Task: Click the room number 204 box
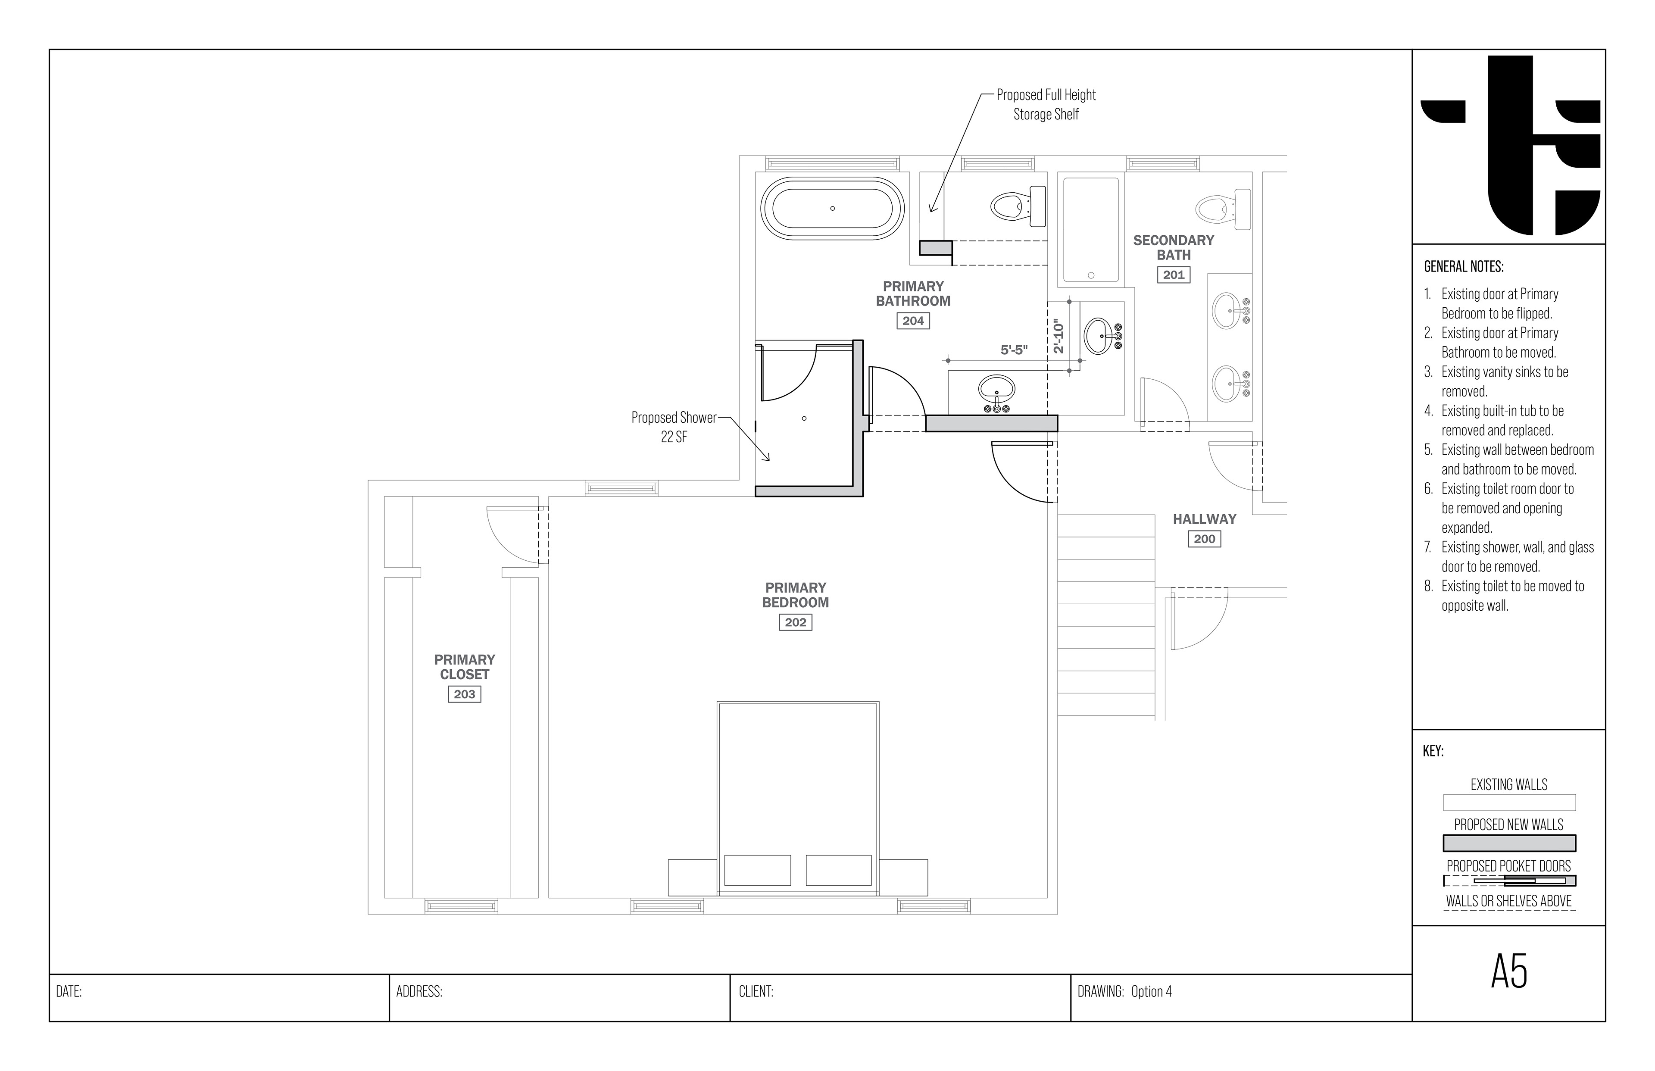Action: tap(913, 321)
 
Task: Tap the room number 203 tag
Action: tap(465, 694)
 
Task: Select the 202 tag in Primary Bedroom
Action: tap(796, 622)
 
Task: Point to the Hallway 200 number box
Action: tap(1204, 539)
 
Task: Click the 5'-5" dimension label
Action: tap(1014, 350)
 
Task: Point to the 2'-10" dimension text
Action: tap(1059, 336)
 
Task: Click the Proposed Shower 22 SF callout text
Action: tap(674, 427)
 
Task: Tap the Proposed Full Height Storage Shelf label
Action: tap(1046, 104)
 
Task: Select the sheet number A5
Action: tap(1509, 972)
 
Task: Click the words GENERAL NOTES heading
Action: tap(1464, 266)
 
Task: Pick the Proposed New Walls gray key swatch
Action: tap(1509, 843)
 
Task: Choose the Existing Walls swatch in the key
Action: tap(1509, 802)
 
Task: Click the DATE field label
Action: tap(69, 992)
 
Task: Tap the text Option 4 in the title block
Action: tap(1152, 992)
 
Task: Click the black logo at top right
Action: tap(1510, 145)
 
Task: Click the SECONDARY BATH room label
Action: tap(1174, 247)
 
